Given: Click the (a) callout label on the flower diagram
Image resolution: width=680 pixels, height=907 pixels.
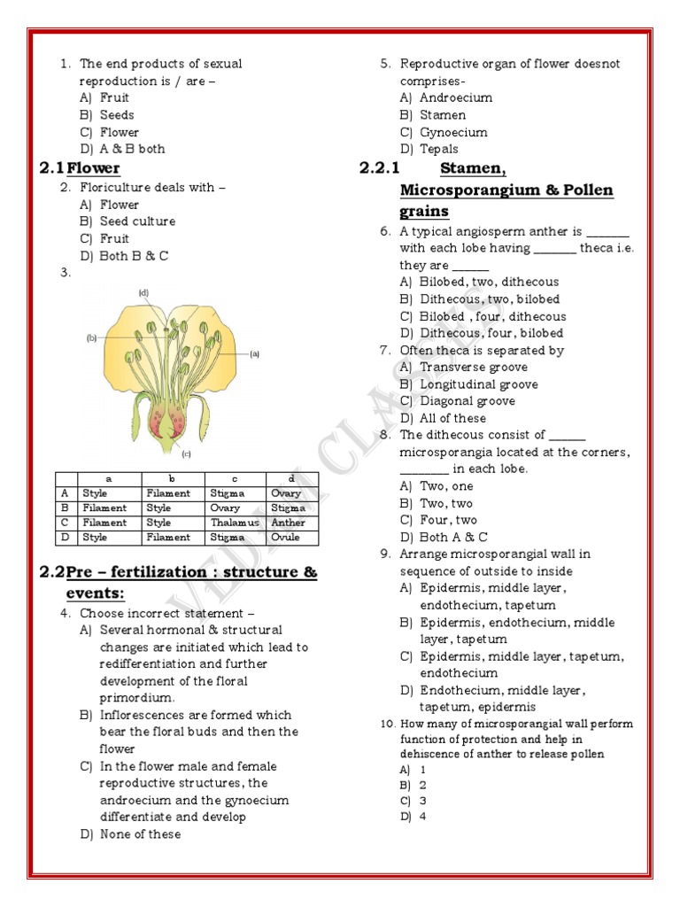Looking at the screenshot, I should point(254,353).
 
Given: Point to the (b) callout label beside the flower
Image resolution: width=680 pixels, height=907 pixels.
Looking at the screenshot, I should point(91,337).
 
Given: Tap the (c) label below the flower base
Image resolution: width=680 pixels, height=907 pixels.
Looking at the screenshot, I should point(187,454).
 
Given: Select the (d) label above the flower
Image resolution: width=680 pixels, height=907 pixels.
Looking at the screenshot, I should point(143,292).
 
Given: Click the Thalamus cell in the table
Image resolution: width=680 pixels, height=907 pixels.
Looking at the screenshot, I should point(235,523).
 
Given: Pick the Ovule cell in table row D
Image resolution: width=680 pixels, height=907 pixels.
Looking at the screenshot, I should point(285,538).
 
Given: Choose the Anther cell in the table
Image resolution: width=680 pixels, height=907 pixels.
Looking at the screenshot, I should point(288,523).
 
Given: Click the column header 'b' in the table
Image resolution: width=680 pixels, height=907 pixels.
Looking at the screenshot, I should point(173,479).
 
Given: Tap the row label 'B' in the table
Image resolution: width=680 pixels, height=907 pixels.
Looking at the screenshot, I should point(65,508).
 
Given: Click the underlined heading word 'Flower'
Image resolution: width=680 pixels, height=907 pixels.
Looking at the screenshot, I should point(94,168).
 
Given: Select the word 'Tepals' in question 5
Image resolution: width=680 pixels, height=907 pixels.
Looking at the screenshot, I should point(439,149).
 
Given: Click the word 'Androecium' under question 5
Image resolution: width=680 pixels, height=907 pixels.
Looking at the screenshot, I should point(456,97).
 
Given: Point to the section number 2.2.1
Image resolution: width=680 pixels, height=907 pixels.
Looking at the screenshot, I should point(380,168).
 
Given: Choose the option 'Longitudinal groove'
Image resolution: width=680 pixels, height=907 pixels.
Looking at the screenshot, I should point(478,384).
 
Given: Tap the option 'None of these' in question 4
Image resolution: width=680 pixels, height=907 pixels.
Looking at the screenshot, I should point(140,834).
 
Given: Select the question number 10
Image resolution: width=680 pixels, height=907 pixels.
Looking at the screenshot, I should point(387,724).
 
